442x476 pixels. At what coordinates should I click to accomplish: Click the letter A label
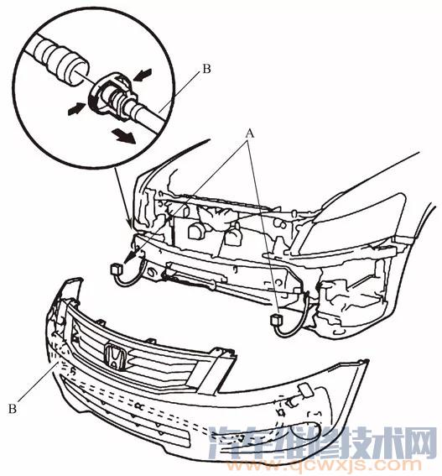tap(249, 133)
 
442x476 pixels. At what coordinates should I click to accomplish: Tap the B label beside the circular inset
tap(206, 69)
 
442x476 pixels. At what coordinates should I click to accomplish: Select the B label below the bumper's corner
tap(12, 409)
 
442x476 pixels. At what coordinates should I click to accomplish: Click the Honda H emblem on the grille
tap(114, 357)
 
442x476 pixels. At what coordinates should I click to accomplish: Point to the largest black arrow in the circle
tap(123, 136)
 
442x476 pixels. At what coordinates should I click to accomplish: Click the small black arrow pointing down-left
tap(143, 75)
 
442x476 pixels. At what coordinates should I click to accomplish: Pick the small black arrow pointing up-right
tap(76, 108)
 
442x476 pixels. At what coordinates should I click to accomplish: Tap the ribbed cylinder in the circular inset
tap(60, 60)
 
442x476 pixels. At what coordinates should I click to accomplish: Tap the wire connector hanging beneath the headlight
tap(277, 320)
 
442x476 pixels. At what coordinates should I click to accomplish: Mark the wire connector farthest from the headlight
tap(117, 269)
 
